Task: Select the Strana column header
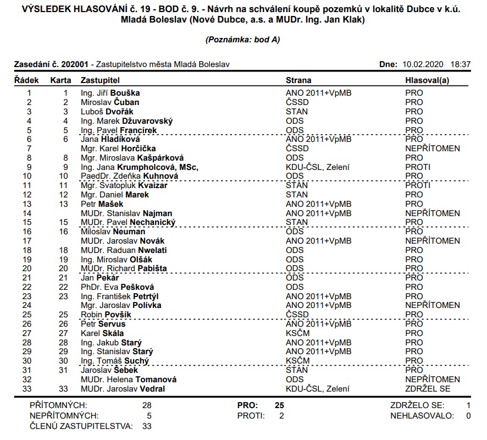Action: (299, 80)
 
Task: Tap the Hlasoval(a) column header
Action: (427, 80)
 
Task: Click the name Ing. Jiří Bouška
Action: (110, 93)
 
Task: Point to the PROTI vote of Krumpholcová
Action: (418, 167)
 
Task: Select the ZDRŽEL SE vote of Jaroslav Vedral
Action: (428, 389)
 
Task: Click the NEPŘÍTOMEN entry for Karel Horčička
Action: (433, 148)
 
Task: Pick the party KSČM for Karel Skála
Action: (297, 333)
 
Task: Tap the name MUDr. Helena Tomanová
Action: (129, 380)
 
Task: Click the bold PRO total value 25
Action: (279, 405)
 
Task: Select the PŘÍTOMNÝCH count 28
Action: (146, 405)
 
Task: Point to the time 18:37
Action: (461, 64)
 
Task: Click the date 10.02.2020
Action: (423, 64)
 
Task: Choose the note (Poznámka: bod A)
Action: (243, 40)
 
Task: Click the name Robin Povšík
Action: (106, 315)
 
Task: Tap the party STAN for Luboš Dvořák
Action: (297, 112)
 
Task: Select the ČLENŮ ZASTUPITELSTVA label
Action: (81, 426)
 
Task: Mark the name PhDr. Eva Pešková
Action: (117, 287)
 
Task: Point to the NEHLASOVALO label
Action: (422, 416)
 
